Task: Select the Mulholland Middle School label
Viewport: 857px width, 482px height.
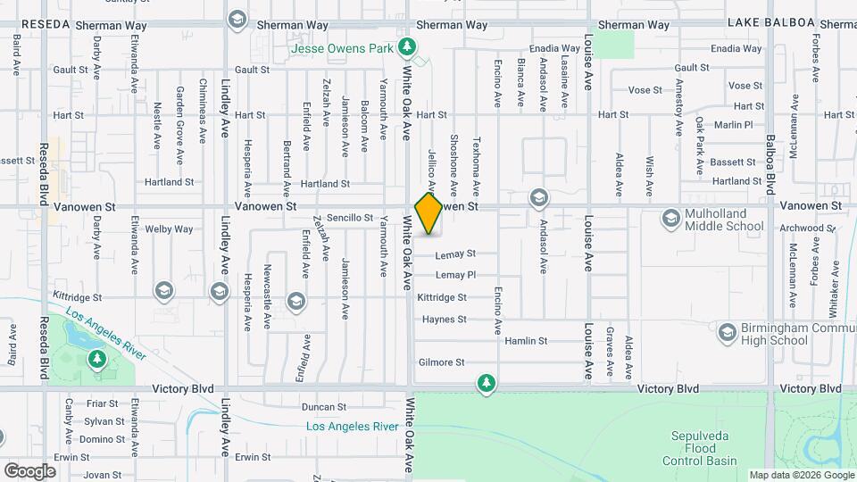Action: (x=724, y=220)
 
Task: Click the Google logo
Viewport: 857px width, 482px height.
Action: (x=29, y=470)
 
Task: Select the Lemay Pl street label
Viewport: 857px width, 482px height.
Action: (x=455, y=275)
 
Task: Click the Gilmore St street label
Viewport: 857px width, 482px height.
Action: (x=441, y=362)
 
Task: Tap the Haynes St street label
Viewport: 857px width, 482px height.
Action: (x=444, y=319)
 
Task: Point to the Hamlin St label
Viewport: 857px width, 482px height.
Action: (x=525, y=341)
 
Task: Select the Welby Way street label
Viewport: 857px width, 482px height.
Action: (x=170, y=229)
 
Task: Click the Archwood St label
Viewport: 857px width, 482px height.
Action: (x=799, y=228)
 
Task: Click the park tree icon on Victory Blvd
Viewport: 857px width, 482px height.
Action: (x=486, y=383)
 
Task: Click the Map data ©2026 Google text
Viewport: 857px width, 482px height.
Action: (x=800, y=475)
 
